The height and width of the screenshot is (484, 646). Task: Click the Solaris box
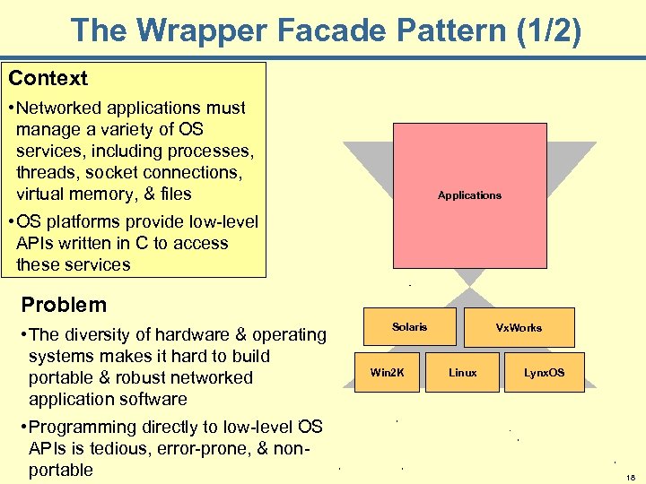(410, 327)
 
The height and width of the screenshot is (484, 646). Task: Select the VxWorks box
(519, 328)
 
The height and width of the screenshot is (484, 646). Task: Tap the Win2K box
(388, 372)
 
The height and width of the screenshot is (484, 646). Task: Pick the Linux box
(463, 372)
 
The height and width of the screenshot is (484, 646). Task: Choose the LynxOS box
(545, 372)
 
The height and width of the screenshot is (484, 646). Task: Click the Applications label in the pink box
(469, 195)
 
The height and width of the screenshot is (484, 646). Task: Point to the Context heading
(48, 78)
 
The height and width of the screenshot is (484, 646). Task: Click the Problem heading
(64, 305)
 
